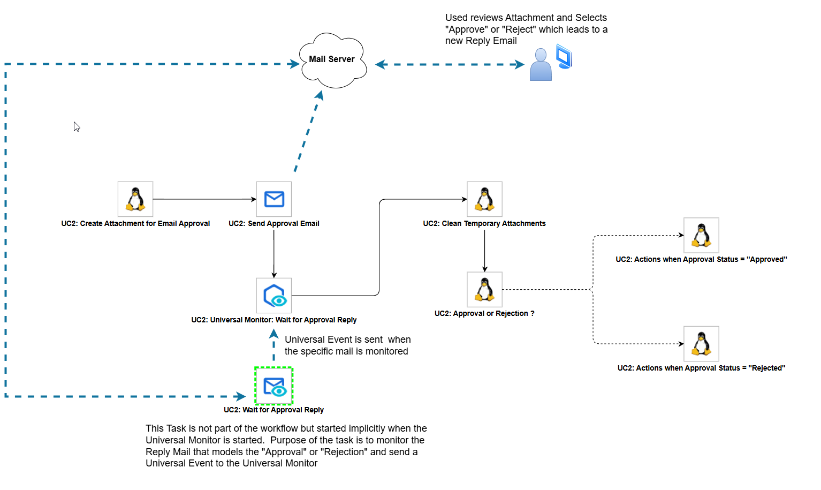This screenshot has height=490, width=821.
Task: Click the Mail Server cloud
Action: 332,60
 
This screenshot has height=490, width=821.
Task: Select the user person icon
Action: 541,66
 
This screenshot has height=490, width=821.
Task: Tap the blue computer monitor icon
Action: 564,56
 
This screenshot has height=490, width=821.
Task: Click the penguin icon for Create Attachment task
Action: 135,199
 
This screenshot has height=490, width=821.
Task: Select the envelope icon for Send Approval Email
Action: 274,199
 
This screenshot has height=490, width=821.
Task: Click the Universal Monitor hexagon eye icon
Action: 274,296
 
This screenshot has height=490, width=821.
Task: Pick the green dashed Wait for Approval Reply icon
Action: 274,386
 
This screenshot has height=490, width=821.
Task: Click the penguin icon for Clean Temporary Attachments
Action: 484,199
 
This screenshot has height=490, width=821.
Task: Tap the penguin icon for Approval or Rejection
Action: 484,290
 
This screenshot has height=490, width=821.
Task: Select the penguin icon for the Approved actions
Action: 701,235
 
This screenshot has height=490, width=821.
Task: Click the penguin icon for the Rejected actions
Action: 701,344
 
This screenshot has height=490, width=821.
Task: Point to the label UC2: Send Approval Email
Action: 274,224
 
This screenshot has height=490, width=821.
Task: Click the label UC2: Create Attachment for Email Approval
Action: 135,224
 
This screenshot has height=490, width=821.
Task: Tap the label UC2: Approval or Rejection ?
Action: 484,314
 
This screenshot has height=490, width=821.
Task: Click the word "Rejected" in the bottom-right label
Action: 767,368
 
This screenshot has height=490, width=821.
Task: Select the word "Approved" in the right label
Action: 767,260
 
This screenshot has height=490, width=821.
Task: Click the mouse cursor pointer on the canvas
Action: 77,127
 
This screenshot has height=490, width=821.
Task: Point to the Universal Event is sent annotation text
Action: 347,345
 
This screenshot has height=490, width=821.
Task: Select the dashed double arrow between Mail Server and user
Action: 450,65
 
